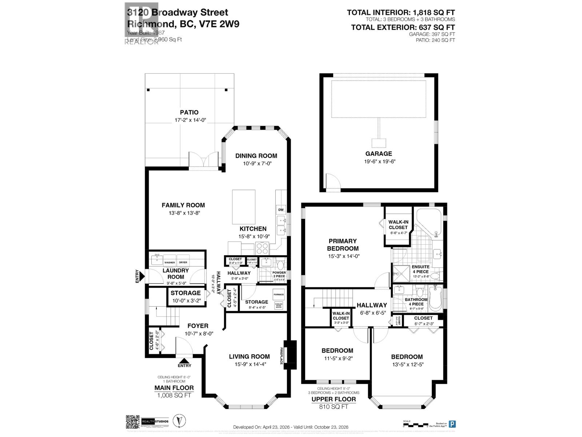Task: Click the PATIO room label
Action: click(189, 113)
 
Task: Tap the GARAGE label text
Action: click(379, 154)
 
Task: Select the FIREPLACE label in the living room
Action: click(281, 355)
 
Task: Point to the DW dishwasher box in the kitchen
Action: click(281, 210)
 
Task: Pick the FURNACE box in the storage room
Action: click(279, 294)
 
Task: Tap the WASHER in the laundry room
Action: click(170, 262)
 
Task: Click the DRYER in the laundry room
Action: click(183, 262)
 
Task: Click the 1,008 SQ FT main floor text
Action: click(174, 395)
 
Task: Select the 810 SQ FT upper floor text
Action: click(334, 406)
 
